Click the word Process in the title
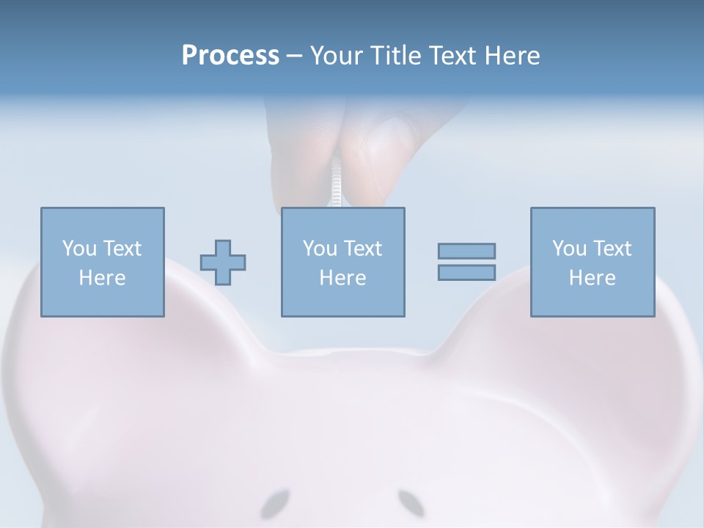coord(230,56)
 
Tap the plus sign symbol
coord(223,262)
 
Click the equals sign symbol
coord(466,262)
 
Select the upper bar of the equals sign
coord(466,251)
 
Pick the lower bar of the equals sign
coord(466,273)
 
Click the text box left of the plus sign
coord(103,262)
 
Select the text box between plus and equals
coord(343,262)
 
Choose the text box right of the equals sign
coord(593,262)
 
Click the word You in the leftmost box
coord(78,249)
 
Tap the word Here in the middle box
coord(343,278)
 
